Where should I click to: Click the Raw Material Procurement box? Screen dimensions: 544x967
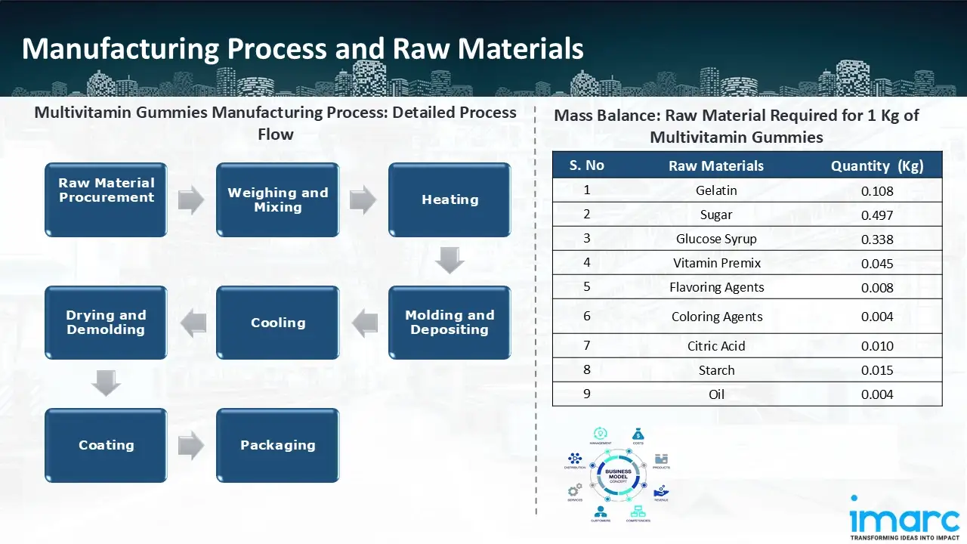point(106,199)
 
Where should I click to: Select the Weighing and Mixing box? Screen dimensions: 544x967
point(277,199)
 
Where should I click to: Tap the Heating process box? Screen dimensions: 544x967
point(450,199)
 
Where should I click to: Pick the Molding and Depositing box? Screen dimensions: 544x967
point(450,323)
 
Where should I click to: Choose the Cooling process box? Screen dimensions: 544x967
point(277,323)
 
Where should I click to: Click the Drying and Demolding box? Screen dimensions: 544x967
point(106,323)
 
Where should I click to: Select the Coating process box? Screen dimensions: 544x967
point(106,445)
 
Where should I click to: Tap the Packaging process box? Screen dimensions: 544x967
point(277,445)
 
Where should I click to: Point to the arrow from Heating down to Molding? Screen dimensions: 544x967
point(450,261)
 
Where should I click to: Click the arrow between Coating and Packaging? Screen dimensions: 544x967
point(191,445)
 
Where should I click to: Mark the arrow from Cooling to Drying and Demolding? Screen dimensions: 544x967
point(193,323)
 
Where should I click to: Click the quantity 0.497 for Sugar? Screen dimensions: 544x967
point(877,215)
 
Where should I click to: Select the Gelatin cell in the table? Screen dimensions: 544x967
point(716,190)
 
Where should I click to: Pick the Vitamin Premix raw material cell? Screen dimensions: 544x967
point(716,263)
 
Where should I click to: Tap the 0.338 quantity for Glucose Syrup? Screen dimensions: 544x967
point(877,240)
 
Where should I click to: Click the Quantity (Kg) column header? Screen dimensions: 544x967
point(877,166)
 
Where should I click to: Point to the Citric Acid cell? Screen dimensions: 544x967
point(716,346)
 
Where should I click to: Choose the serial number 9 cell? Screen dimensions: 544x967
point(587,394)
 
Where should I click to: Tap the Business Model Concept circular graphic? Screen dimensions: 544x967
point(619,475)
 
